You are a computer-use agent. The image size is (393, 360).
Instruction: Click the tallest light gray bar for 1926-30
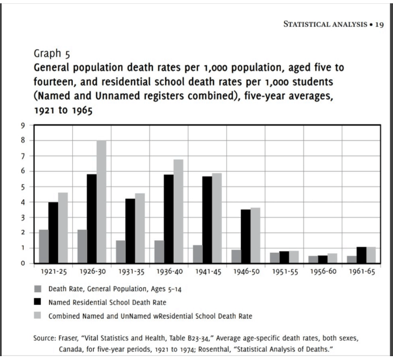101,202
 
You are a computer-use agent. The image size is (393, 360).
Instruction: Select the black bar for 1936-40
168,219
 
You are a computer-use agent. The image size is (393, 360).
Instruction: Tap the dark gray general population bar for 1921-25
44,246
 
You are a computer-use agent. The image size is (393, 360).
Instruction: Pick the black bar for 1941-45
207,220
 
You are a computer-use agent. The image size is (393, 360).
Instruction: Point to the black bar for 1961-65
361,255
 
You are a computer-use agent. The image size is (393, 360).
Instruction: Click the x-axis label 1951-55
284,272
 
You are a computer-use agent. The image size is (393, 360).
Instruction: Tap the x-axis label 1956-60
322,272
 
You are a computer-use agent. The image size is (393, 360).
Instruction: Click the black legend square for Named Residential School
38,301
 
